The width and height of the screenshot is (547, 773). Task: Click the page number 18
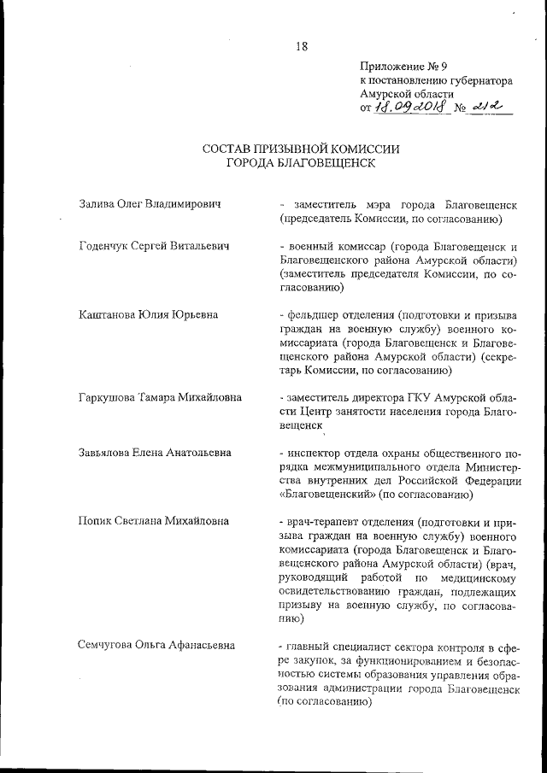(x=302, y=46)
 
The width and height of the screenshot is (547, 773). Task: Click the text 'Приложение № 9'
(x=400, y=66)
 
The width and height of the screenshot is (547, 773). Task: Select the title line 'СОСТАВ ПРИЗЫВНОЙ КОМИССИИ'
(x=301, y=149)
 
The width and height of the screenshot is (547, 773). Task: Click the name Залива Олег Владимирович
(x=150, y=205)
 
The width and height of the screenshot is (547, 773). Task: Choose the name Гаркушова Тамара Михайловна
(x=159, y=397)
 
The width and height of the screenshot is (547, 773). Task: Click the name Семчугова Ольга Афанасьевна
(x=156, y=644)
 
